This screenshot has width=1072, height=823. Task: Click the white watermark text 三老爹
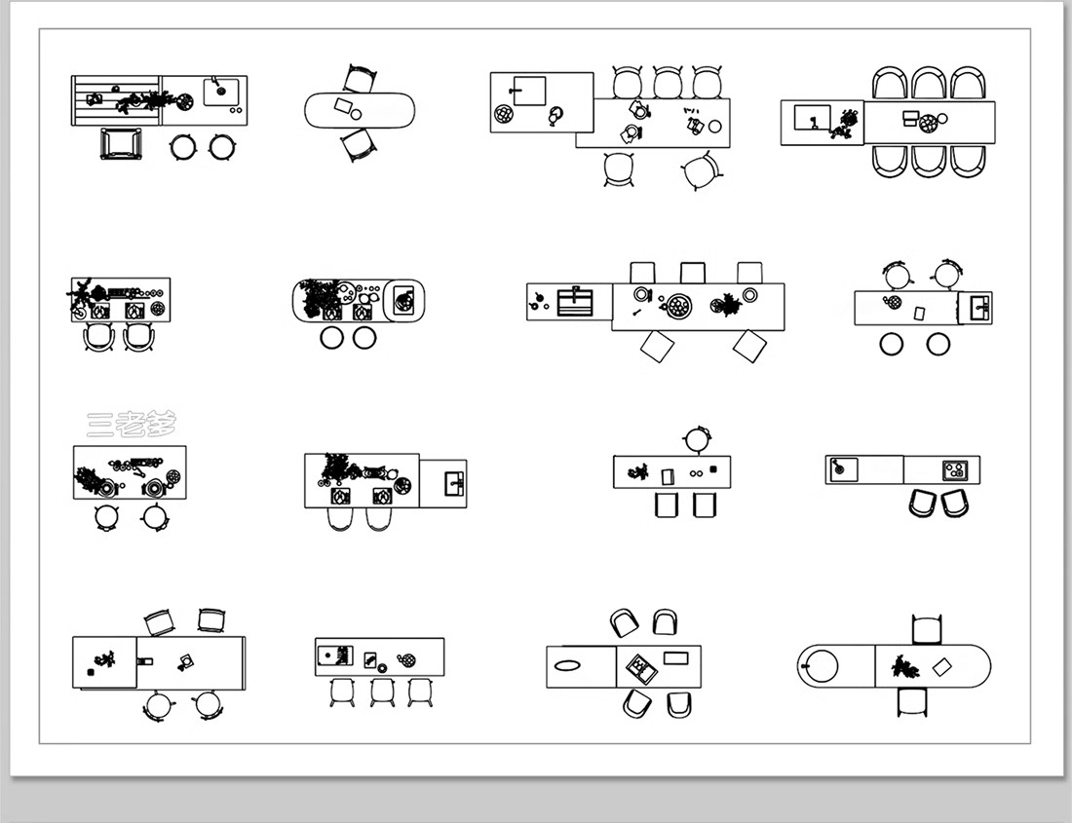(132, 424)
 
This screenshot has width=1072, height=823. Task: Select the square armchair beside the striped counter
(122, 143)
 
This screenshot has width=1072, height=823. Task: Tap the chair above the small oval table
(360, 79)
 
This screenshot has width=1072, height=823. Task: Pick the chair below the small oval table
(359, 145)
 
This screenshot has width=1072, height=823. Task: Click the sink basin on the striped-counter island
(221, 93)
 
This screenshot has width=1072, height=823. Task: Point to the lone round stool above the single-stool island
(698, 439)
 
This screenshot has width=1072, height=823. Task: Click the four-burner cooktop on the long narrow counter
(955, 470)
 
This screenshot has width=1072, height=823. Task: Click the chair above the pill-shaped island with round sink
(927, 629)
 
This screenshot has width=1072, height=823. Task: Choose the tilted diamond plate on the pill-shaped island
(942, 666)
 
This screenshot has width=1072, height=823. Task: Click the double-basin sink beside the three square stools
(575, 302)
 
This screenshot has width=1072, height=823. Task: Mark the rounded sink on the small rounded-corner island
(404, 300)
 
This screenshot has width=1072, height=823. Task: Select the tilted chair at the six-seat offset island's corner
(703, 170)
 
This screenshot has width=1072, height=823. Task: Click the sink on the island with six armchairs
(812, 119)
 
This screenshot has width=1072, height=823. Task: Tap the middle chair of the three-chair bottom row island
(382, 692)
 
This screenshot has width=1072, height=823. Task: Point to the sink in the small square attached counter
(454, 483)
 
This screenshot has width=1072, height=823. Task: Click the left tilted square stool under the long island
(658, 347)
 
